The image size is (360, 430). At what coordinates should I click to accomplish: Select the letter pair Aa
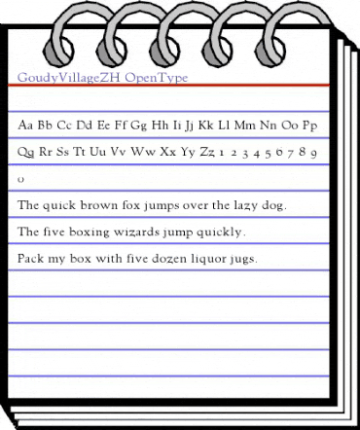(x=27, y=125)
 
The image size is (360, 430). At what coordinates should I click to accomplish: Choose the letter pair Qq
(x=27, y=154)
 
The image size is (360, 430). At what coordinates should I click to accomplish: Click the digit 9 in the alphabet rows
(x=319, y=154)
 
